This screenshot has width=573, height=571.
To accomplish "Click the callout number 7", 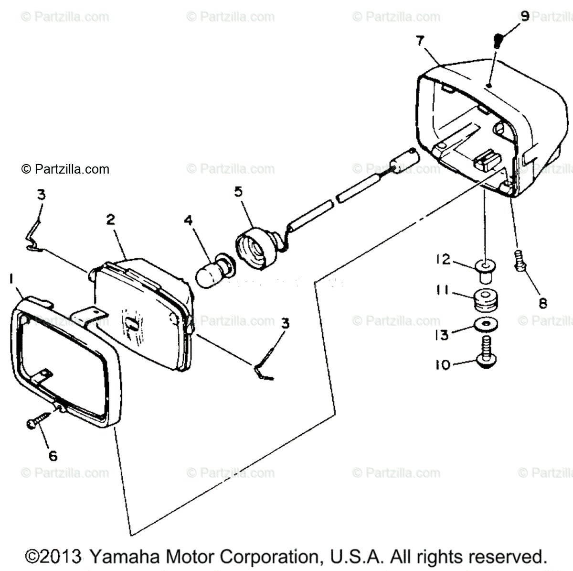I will coord(420,41).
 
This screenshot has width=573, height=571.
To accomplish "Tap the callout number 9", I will coord(524,17).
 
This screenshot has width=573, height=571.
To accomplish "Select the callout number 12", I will coord(443,260).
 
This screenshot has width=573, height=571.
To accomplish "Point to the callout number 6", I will coord(53,456).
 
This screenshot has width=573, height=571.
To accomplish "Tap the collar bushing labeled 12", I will coord(485,268).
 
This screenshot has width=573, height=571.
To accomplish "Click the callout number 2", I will coord(110,220).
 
